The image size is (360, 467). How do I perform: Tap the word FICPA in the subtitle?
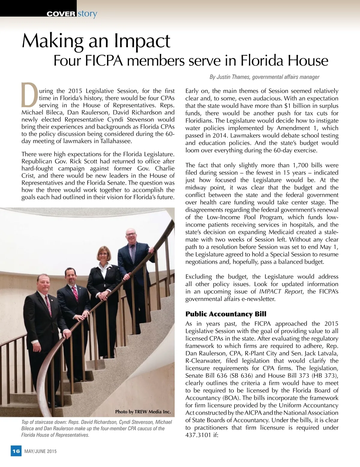click(x=106, y=61)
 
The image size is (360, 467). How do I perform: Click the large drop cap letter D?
click(x=29, y=95)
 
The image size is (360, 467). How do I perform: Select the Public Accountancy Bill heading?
click(x=226, y=314)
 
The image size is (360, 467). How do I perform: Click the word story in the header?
click(x=87, y=14)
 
